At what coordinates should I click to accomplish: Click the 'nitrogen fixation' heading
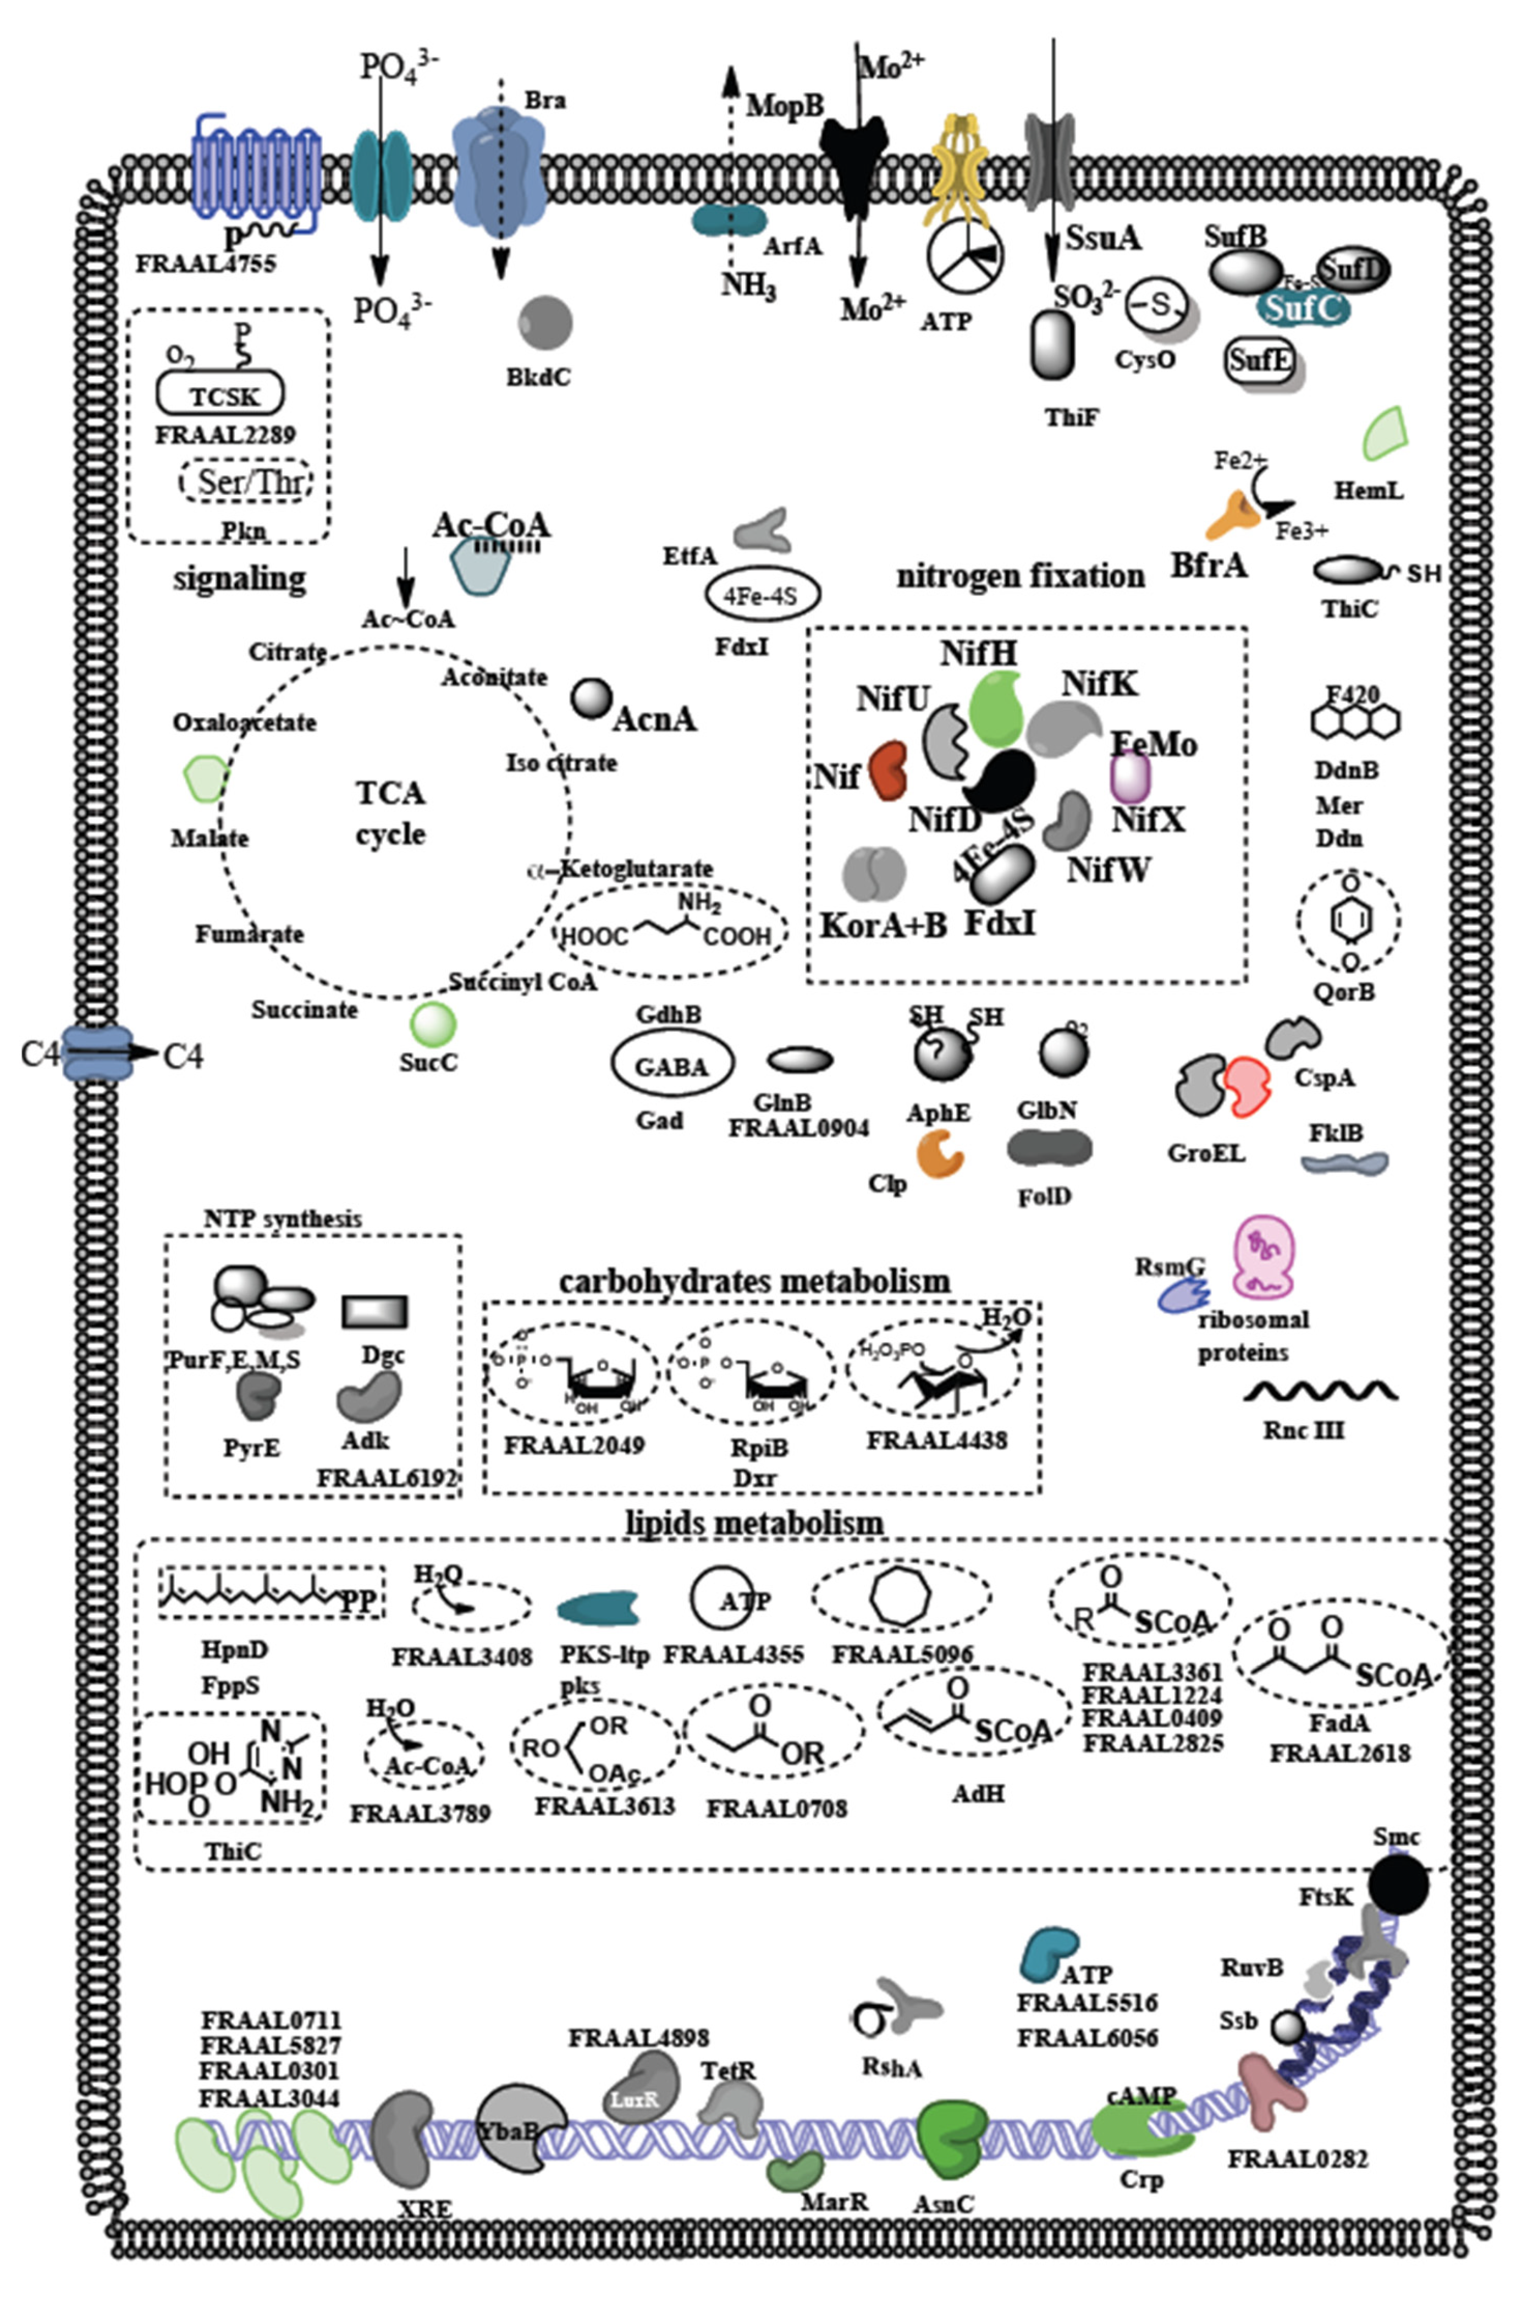[1019, 576]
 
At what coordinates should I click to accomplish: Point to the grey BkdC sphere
[544, 323]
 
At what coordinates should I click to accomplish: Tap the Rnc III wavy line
[1320, 1392]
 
